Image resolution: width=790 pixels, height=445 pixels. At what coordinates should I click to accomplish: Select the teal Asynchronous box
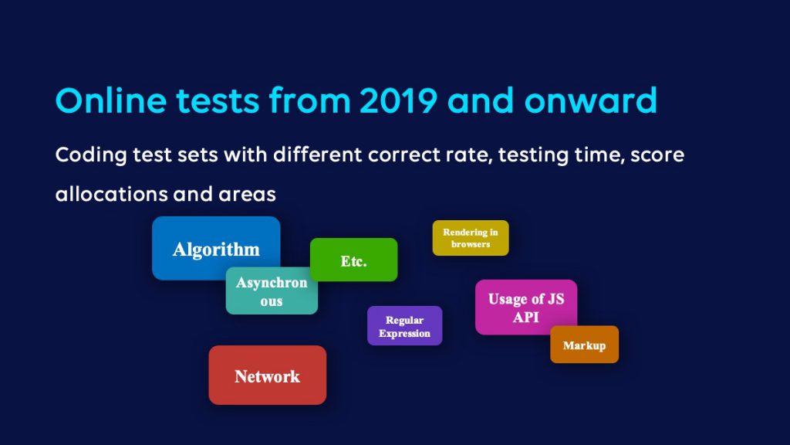click(x=272, y=291)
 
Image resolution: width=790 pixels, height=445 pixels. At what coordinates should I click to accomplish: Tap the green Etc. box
click(x=353, y=260)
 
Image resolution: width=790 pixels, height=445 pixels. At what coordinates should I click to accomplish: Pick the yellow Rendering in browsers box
click(x=471, y=238)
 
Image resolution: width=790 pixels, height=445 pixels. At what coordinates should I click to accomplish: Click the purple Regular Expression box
click(x=404, y=326)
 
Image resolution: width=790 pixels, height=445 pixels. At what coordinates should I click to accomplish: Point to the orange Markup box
click(x=585, y=345)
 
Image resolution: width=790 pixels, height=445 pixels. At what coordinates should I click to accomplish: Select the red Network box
click(x=268, y=375)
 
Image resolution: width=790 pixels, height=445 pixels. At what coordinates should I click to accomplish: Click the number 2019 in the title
click(x=399, y=100)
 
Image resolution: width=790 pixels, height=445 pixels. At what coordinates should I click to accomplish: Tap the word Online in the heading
click(x=111, y=100)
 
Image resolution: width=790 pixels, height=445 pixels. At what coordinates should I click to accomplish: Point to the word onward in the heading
click(x=591, y=100)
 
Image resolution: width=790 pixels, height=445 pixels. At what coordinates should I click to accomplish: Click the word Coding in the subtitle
click(x=91, y=155)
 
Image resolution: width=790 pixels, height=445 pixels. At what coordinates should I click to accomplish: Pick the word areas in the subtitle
click(x=247, y=195)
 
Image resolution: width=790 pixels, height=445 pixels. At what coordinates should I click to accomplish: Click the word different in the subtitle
click(x=317, y=155)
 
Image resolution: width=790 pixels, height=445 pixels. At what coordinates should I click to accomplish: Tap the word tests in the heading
click(x=218, y=101)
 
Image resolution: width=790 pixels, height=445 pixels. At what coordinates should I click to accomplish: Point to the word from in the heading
click(x=310, y=100)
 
